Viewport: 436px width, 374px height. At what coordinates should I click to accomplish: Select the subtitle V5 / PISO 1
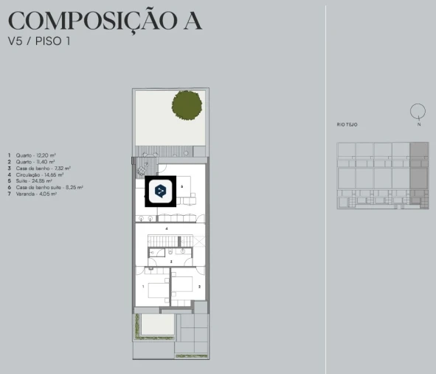[38, 41]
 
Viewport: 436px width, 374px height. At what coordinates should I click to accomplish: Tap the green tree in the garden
[187, 103]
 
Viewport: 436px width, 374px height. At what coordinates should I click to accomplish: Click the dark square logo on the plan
[159, 191]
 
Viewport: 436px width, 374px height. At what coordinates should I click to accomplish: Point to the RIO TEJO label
[347, 125]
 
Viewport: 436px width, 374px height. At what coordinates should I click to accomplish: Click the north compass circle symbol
[418, 112]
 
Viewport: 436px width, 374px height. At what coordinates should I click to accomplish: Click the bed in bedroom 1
[157, 289]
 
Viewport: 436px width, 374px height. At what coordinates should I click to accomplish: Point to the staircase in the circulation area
[171, 242]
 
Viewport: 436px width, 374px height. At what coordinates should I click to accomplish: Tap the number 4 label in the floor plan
[167, 230]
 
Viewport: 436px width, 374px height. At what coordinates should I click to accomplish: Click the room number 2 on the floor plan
[199, 285]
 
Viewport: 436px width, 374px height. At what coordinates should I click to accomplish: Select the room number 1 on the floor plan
[143, 285]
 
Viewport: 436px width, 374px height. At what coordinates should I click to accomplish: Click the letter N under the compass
[418, 124]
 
